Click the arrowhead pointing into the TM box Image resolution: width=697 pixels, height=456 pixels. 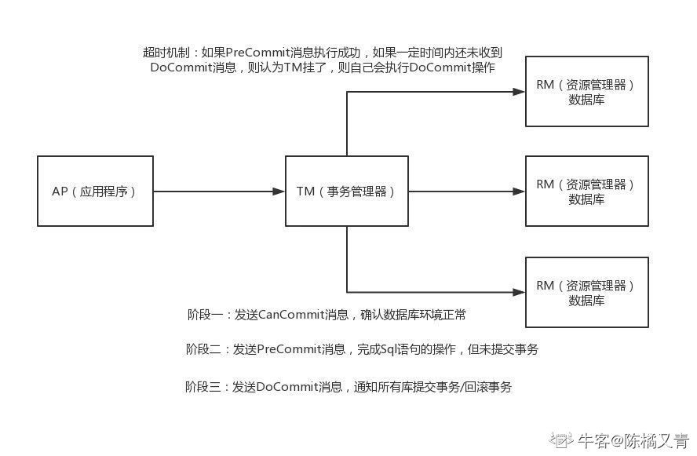tap(279, 192)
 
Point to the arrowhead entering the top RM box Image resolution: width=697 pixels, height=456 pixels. tap(519, 92)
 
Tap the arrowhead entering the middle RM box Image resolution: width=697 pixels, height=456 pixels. tap(519, 192)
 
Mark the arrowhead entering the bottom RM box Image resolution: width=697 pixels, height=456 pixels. tap(519, 293)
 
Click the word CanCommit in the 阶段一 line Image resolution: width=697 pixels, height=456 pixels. tap(291, 315)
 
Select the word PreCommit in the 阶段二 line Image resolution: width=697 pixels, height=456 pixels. tap(289, 349)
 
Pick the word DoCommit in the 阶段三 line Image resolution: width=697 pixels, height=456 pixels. tap(286, 387)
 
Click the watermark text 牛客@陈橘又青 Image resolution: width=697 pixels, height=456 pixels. tap(633, 441)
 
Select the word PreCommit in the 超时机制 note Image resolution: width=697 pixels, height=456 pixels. tap(257, 53)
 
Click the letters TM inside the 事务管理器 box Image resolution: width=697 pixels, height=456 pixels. tap(305, 192)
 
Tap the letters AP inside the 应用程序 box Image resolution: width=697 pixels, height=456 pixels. tap(60, 192)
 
